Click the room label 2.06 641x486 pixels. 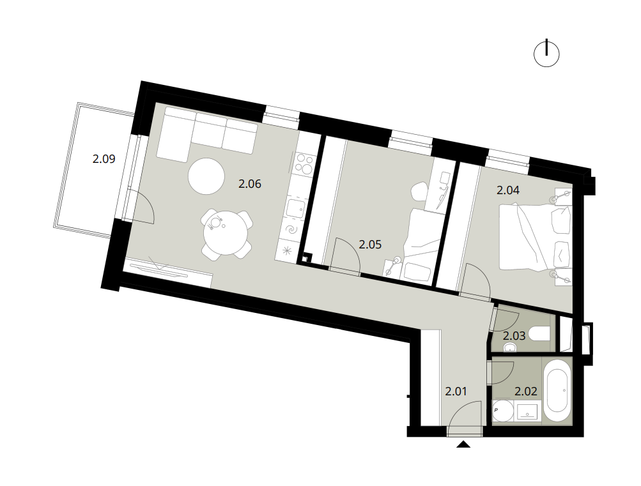pos(249,184)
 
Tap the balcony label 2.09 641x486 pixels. pos(104,158)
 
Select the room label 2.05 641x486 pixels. pos(370,244)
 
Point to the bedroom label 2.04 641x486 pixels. pos(508,190)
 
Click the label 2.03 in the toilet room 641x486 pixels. pos(514,336)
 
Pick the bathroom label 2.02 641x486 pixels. pos(526,391)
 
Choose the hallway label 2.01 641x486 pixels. pos(456,391)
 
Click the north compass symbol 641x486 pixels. pos(546,54)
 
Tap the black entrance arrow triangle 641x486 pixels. pos(463,444)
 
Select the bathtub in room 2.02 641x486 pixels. pos(557,391)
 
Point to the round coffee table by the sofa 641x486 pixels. pos(206,176)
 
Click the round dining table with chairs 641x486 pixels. pos(226,235)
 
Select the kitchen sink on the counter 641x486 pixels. pos(295,209)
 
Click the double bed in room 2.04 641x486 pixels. pos(535,237)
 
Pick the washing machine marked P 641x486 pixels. pos(503,411)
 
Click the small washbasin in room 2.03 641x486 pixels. pos(509,347)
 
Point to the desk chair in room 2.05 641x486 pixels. pos(418,191)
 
